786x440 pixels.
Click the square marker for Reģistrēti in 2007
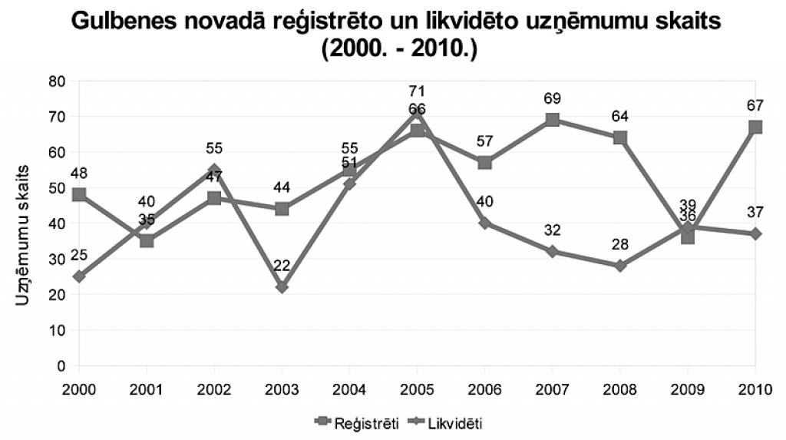point(553,120)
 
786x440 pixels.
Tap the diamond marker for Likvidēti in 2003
point(282,287)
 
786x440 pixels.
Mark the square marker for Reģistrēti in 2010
point(755,127)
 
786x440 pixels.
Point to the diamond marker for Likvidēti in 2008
point(620,266)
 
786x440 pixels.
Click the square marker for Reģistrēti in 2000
point(79,194)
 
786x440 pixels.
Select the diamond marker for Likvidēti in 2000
point(79,276)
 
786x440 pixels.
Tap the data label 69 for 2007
point(553,99)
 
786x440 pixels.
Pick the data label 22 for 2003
point(282,266)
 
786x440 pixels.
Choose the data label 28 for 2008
point(620,244)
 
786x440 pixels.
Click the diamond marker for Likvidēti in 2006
point(485,223)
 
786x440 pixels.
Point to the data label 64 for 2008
point(620,117)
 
